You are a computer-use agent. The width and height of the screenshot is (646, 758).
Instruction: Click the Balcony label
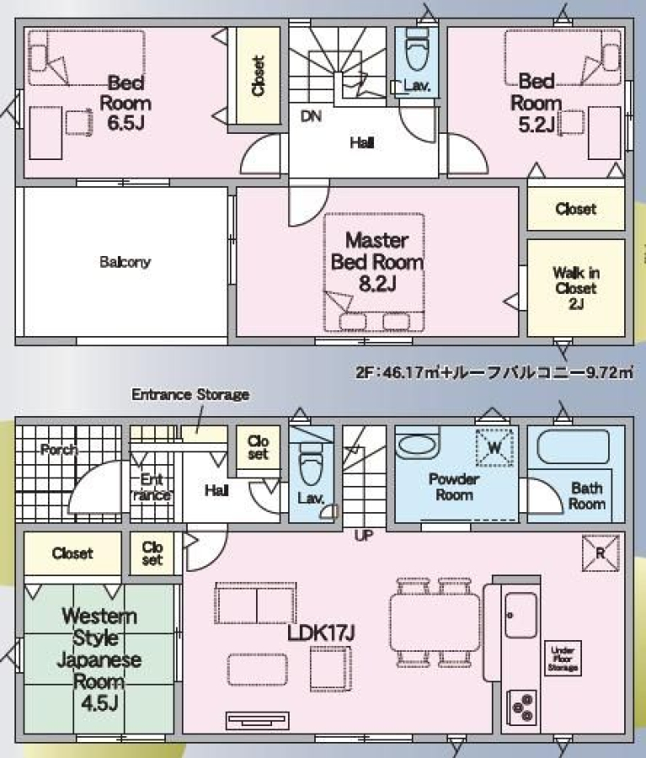(x=125, y=262)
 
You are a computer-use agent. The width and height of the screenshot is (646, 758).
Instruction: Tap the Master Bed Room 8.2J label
(x=377, y=262)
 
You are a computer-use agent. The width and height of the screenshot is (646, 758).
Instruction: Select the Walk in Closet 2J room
(x=576, y=288)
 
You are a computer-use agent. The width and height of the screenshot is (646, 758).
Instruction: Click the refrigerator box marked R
(x=601, y=552)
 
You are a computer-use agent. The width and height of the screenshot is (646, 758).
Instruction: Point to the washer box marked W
(x=494, y=448)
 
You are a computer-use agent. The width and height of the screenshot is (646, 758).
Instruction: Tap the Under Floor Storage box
(x=563, y=658)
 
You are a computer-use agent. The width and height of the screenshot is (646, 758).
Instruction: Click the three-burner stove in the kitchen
(x=522, y=707)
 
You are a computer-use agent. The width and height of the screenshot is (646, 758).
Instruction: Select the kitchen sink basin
(x=521, y=615)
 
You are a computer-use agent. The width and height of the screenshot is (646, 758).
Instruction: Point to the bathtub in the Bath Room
(x=573, y=448)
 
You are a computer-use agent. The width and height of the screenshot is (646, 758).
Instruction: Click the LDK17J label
(x=322, y=633)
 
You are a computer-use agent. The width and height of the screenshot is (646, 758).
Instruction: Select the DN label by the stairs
(x=311, y=116)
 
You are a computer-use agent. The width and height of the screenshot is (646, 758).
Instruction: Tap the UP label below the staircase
(x=364, y=536)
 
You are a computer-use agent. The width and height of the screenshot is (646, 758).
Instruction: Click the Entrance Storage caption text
(x=190, y=394)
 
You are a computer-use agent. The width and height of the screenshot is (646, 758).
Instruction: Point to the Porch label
(x=59, y=450)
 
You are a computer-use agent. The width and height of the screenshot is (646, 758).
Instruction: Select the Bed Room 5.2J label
(x=537, y=103)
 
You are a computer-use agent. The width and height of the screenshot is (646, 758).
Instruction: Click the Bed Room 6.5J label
(x=125, y=103)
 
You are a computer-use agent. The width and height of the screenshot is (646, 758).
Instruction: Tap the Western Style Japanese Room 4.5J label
(x=99, y=659)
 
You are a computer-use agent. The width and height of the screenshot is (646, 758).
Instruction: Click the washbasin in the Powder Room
(x=417, y=446)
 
